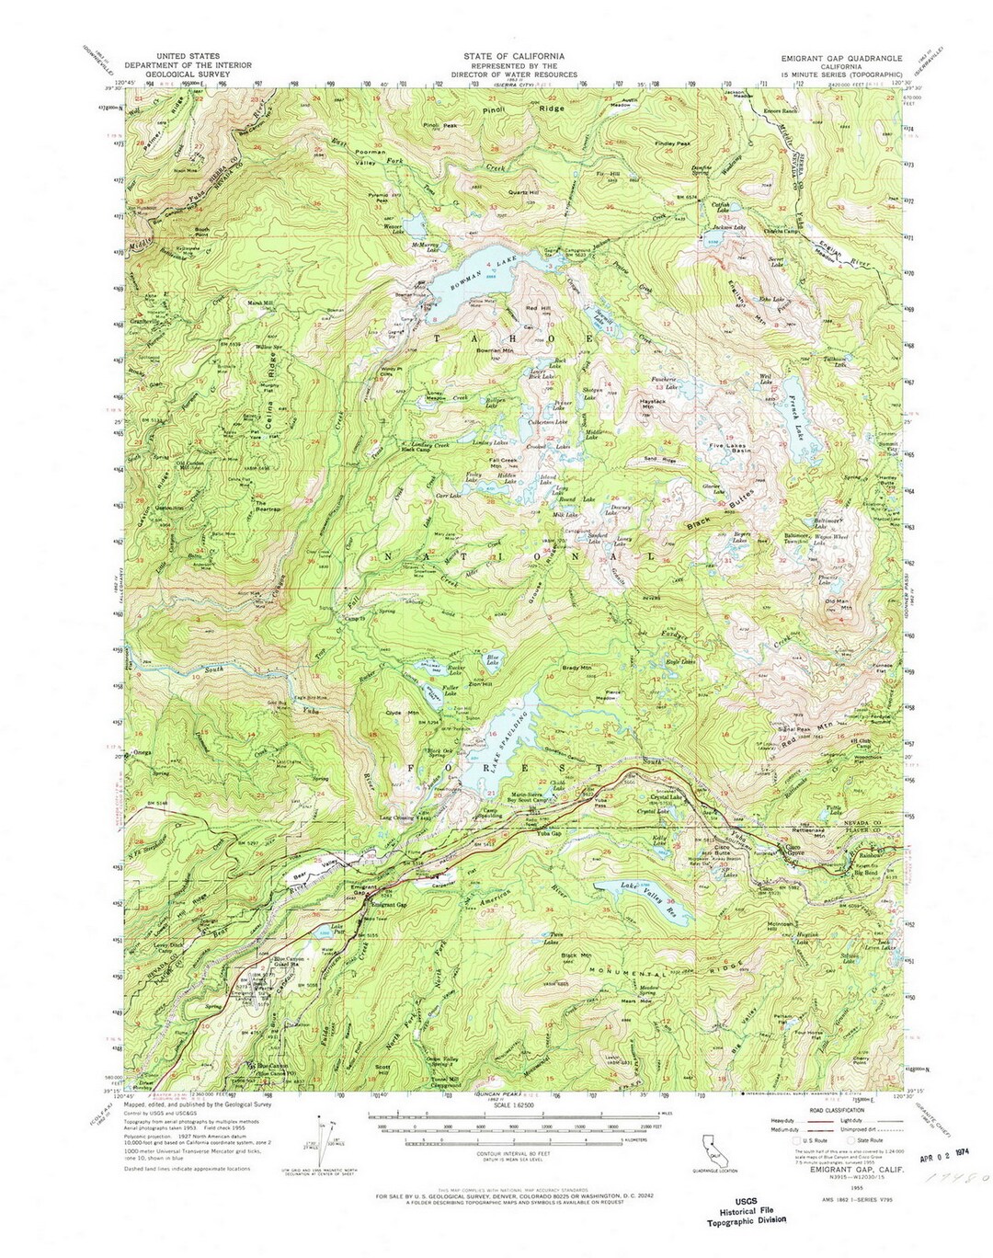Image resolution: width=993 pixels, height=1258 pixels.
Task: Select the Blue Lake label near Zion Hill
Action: point(493,661)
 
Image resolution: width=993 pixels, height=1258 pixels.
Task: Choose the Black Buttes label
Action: point(722,510)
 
